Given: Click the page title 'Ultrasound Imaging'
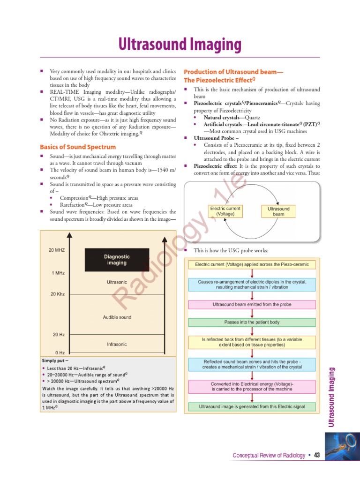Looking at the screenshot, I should pos(180,45).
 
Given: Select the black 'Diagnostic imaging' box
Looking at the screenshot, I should pos(117,260).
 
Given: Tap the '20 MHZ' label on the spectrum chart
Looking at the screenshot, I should pos(57,250).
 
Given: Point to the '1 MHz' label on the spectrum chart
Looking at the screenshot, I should pos(59,273).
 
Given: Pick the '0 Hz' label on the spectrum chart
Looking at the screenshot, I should pos(60,352).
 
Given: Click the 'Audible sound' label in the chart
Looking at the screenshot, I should pos(117,317).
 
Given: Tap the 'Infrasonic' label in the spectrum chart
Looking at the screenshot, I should pos(117,344).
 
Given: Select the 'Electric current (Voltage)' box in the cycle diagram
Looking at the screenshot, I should pos(225,211).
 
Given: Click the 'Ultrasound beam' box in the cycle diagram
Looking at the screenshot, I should pos(278,211).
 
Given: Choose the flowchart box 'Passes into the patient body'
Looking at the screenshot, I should pos(252,322).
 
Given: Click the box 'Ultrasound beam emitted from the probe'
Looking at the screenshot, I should pos(252,305).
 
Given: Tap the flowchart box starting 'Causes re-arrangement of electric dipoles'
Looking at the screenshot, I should pos(252,284).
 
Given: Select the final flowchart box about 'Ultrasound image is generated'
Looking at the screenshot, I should pos(252,406).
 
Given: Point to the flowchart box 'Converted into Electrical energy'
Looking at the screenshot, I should pos(252,386).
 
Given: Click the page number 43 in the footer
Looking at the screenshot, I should pos(317,456).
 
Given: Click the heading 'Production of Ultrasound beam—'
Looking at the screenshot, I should pos(233,72).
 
